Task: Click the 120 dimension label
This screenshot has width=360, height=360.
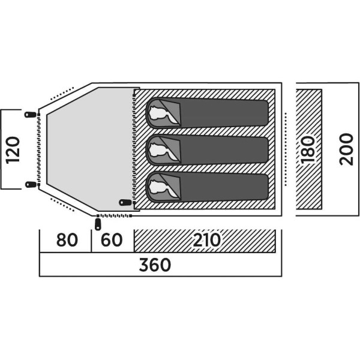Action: tap(13, 150)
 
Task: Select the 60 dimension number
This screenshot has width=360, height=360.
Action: tap(112, 241)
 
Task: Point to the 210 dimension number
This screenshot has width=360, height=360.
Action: tap(205, 241)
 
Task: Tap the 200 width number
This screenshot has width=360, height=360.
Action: tap(346, 150)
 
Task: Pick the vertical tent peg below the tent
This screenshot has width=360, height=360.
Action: tap(98, 224)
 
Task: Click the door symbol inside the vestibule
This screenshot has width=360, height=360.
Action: tap(125, 202)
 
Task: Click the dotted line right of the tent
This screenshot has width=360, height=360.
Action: tap(286, 149)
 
